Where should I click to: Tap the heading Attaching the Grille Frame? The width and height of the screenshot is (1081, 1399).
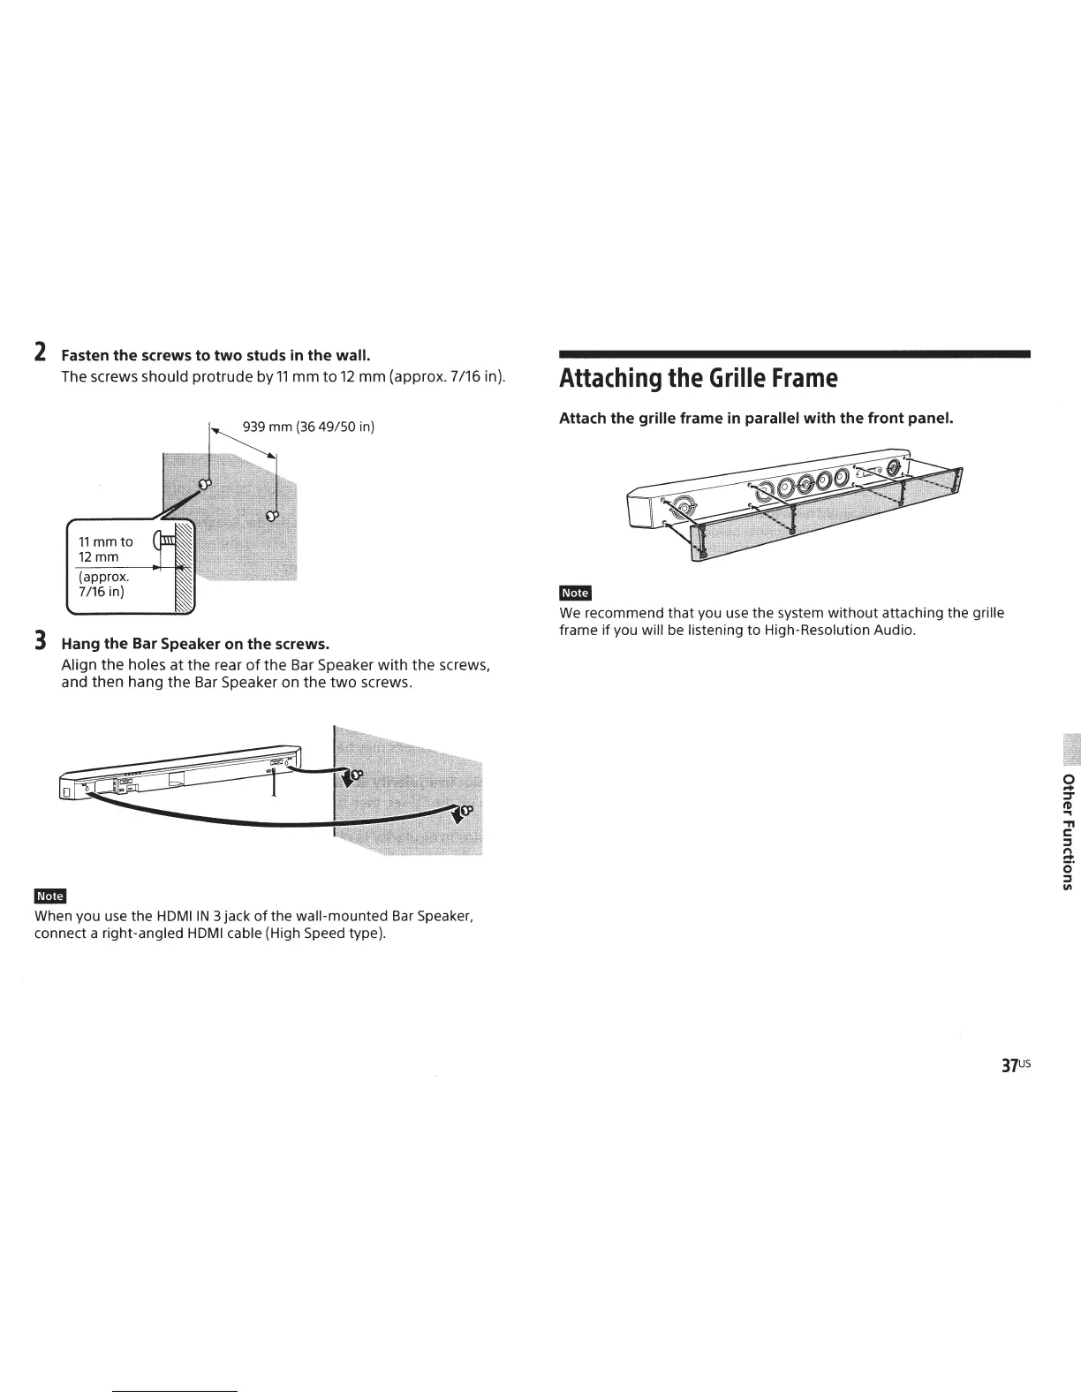698,378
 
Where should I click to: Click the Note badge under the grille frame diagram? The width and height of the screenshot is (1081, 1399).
575,593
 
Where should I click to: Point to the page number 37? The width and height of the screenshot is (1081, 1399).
1009,1065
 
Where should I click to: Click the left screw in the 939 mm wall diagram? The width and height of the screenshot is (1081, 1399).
205,484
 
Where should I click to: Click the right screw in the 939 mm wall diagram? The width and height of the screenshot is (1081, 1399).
272,514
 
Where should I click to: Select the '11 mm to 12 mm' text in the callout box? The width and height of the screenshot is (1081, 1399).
106,549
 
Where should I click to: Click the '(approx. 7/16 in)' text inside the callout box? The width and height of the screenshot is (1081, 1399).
104,585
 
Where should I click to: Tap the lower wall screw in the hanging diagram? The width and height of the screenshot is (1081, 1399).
465,809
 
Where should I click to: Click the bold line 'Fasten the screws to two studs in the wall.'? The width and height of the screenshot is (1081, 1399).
215,355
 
